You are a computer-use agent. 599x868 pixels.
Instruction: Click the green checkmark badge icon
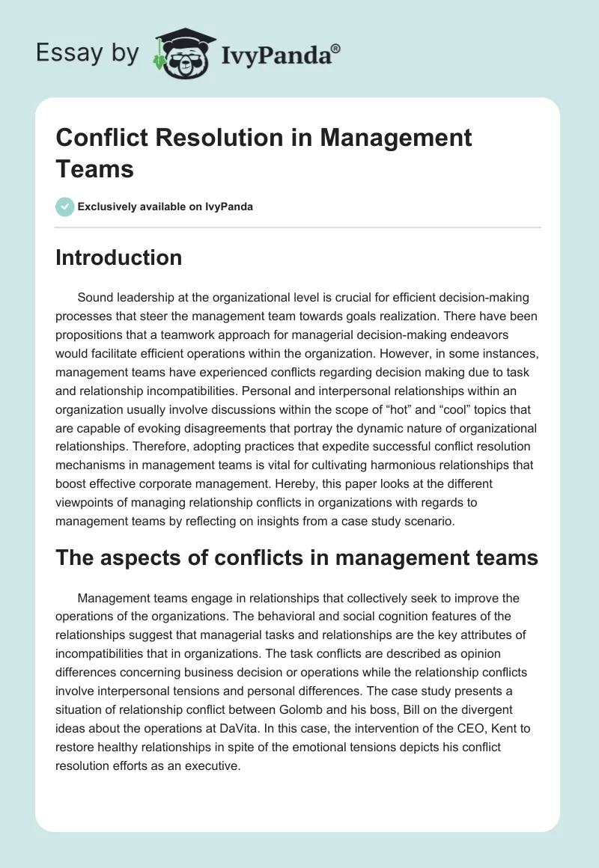point(65,207)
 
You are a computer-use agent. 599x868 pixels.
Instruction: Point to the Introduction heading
point(118,257)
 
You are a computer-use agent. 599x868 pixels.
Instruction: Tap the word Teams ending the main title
point(94,168)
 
